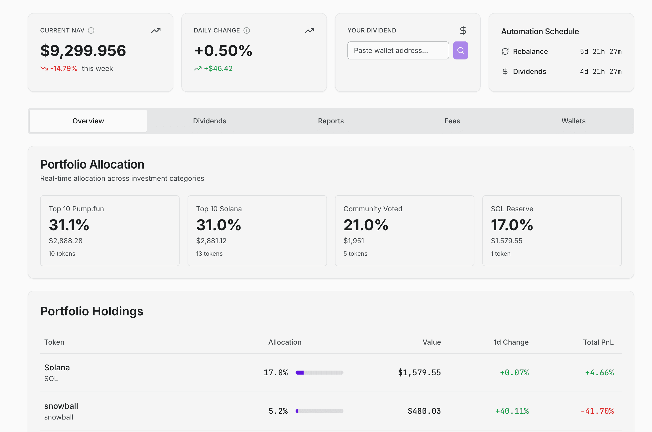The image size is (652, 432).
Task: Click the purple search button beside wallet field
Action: coord(460,50)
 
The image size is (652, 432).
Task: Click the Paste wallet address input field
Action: coord(398,50)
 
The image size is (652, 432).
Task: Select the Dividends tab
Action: coord(210,121)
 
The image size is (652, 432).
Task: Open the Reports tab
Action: coord(331,121)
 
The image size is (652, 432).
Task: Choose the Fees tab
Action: coord(452,121)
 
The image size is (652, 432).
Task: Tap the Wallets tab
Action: coord(573,121)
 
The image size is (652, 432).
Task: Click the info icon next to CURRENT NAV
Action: coord(91,30)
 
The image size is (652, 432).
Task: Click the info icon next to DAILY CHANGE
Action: coord(247,30)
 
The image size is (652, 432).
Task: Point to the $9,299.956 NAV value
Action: coord(83,51)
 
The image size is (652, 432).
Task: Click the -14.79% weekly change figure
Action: coord(64,69)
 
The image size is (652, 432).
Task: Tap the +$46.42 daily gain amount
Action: coord(218,69)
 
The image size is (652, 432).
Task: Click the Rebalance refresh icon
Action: coord(505,51)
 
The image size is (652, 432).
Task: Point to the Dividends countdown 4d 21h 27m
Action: coord(601,72)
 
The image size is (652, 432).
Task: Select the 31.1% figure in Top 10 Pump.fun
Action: coord(69,225)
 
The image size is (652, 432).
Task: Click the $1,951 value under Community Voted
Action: coord(354,241)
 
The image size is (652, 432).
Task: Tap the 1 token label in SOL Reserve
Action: coord(500,254)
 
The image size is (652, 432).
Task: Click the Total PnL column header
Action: coord(598,342)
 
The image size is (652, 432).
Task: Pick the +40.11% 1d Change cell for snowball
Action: coord(512,411)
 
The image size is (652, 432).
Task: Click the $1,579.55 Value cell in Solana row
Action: coord(419,373)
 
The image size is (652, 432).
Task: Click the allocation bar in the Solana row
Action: coord(319,373)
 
